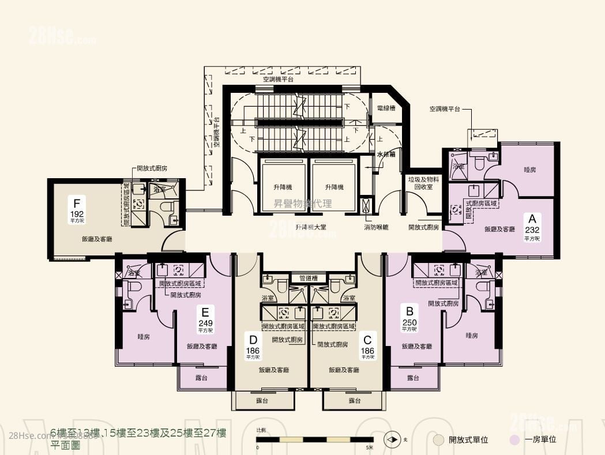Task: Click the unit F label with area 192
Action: tap(76, 209)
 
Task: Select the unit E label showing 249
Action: tap(206, 319)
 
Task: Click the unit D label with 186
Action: tap(253, 344)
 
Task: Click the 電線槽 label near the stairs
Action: tap(385, 108)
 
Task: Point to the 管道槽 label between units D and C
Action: tap(309, 278)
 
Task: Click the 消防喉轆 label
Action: tap(376, 227)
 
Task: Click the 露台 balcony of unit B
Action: tap(412, 378)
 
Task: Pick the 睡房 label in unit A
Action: tap(530, 170)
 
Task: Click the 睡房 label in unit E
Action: tap(144, 336)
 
